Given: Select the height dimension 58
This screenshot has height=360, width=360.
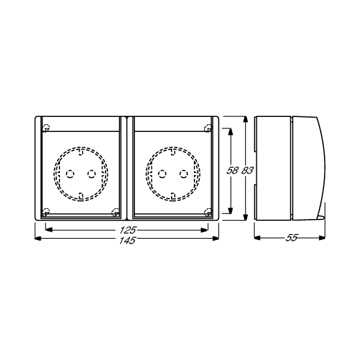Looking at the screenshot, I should [x=232, y=170].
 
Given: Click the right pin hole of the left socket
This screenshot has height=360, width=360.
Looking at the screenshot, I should [x=91, y=173].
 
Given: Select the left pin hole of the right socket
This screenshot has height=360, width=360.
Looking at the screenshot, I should [x=161, y=173].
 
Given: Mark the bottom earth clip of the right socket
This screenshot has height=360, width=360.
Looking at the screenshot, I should [x=173, y=194].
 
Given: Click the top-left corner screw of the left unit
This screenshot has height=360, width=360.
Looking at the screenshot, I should [x=46, y=127].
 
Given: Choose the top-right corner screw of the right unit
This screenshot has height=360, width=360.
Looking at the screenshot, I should [x=207, y=127].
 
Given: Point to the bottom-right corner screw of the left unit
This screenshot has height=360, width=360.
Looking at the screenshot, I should [x=115, y=211].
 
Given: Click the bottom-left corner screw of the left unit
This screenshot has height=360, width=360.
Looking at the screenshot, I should [x=46, y=211].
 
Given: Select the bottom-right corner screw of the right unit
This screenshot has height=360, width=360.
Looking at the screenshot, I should [x=207, y=211].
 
